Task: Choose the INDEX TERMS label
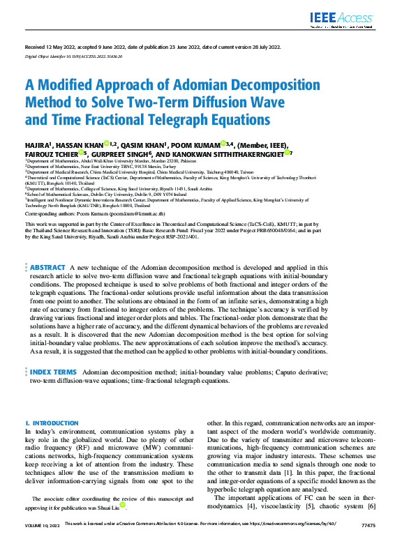(x=53, y=373)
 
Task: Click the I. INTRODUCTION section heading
(x=52, y=423)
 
